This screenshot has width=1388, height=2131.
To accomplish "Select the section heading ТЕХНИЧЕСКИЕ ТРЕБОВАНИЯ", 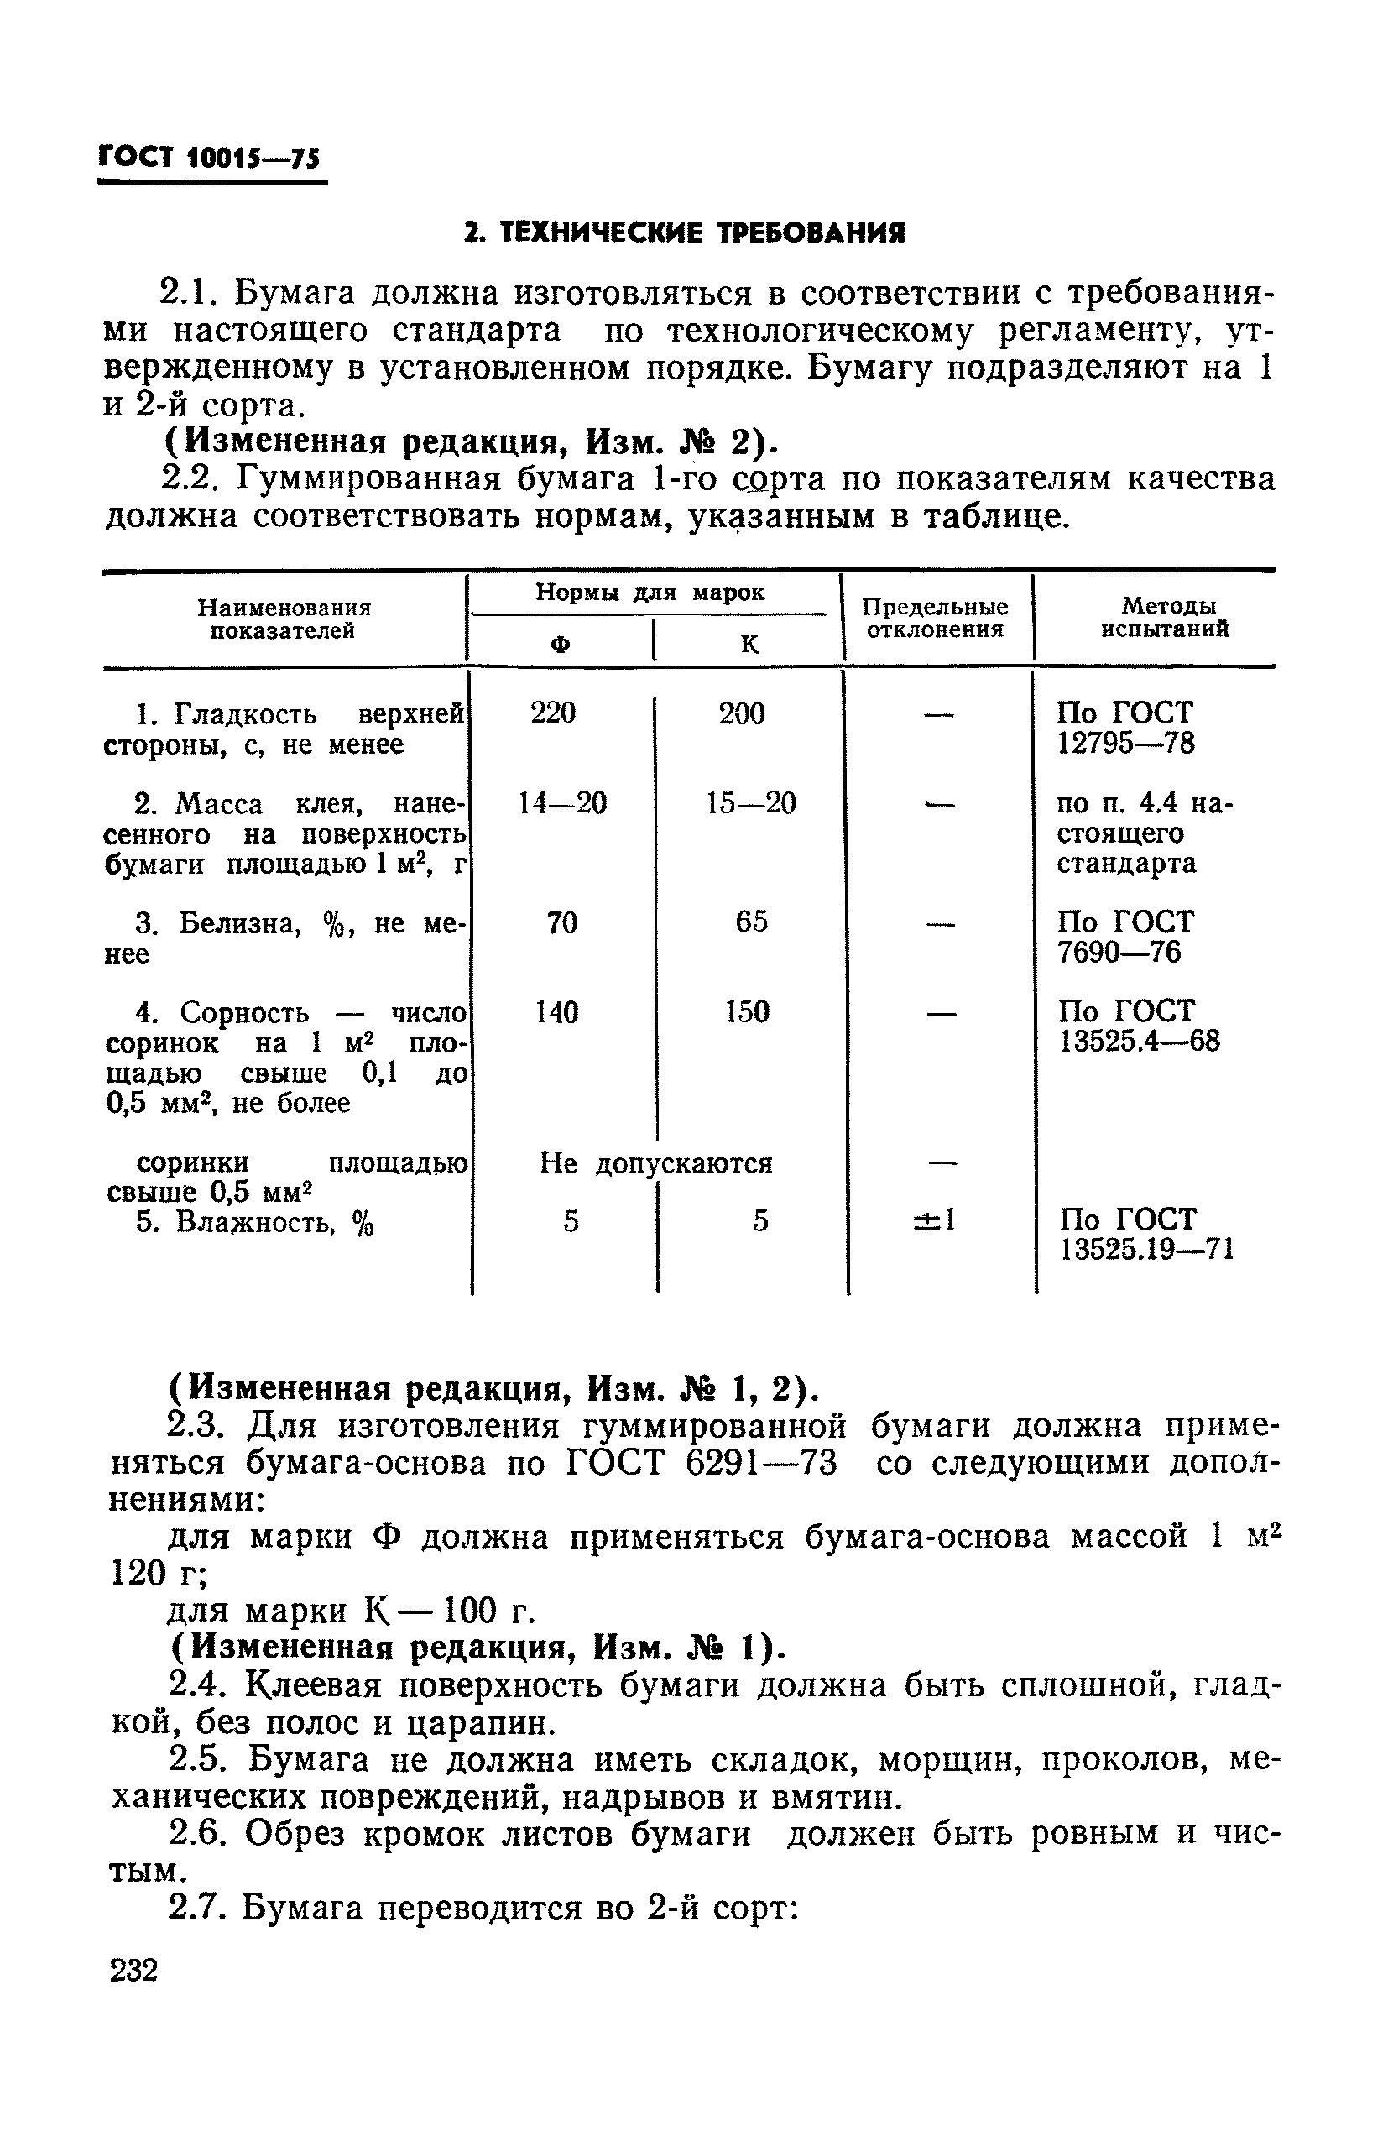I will (684, 233).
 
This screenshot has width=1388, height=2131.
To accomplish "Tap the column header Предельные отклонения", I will (934, 618).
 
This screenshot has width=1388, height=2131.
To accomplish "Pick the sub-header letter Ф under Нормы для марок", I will (560, 645).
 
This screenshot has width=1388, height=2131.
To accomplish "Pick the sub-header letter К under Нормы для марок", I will (749, 644).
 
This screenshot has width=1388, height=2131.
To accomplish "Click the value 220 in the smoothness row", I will (552, 713).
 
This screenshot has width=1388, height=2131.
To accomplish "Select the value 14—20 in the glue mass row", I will (562, 803).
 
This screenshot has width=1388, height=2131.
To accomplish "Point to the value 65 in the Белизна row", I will (751, 922).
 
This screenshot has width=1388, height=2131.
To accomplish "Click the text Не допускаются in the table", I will (655, 1163).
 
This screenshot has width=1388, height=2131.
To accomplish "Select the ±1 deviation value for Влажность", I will (935, 1220).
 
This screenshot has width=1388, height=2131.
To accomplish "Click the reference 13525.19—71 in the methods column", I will (1146, 1249).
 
